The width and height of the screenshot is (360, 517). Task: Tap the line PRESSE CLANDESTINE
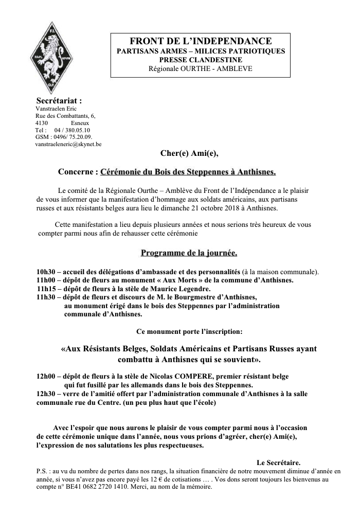click(200, 60)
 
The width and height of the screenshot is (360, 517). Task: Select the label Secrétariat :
click(59, 100)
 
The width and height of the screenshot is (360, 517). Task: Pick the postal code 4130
click(42, 123)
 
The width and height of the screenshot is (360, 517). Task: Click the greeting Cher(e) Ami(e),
click(193, 153)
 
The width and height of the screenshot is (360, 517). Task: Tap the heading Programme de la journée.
click(189, 253)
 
